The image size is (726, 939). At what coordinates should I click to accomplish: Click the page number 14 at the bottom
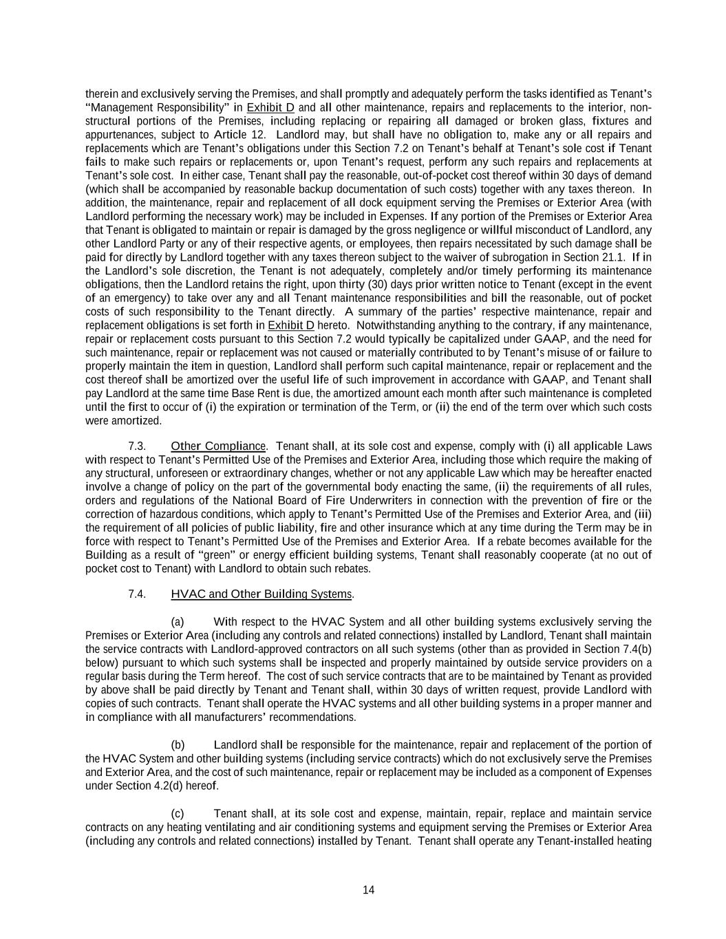(x=368, y=890)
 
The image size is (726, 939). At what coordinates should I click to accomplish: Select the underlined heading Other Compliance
(x=217, y=446)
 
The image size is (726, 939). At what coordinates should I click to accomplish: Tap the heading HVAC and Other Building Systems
(x=261, y=594)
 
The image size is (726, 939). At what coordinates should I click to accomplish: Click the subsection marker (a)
(x=178, y=622)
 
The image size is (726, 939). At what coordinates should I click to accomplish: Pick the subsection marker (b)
(x=178, y=745)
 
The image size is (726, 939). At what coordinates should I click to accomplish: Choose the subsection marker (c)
(x=178, y=814)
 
